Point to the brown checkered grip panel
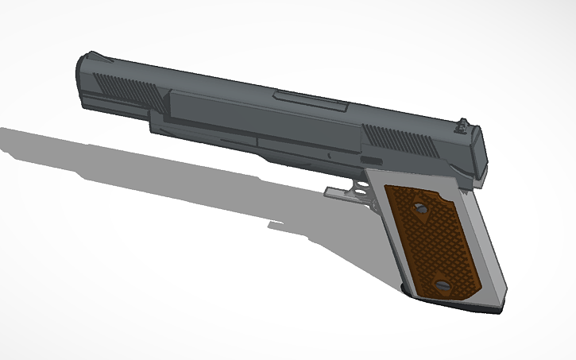pyautogui.click(x=430, y=242)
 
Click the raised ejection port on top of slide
pyautogui.click(x=310, y=101)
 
